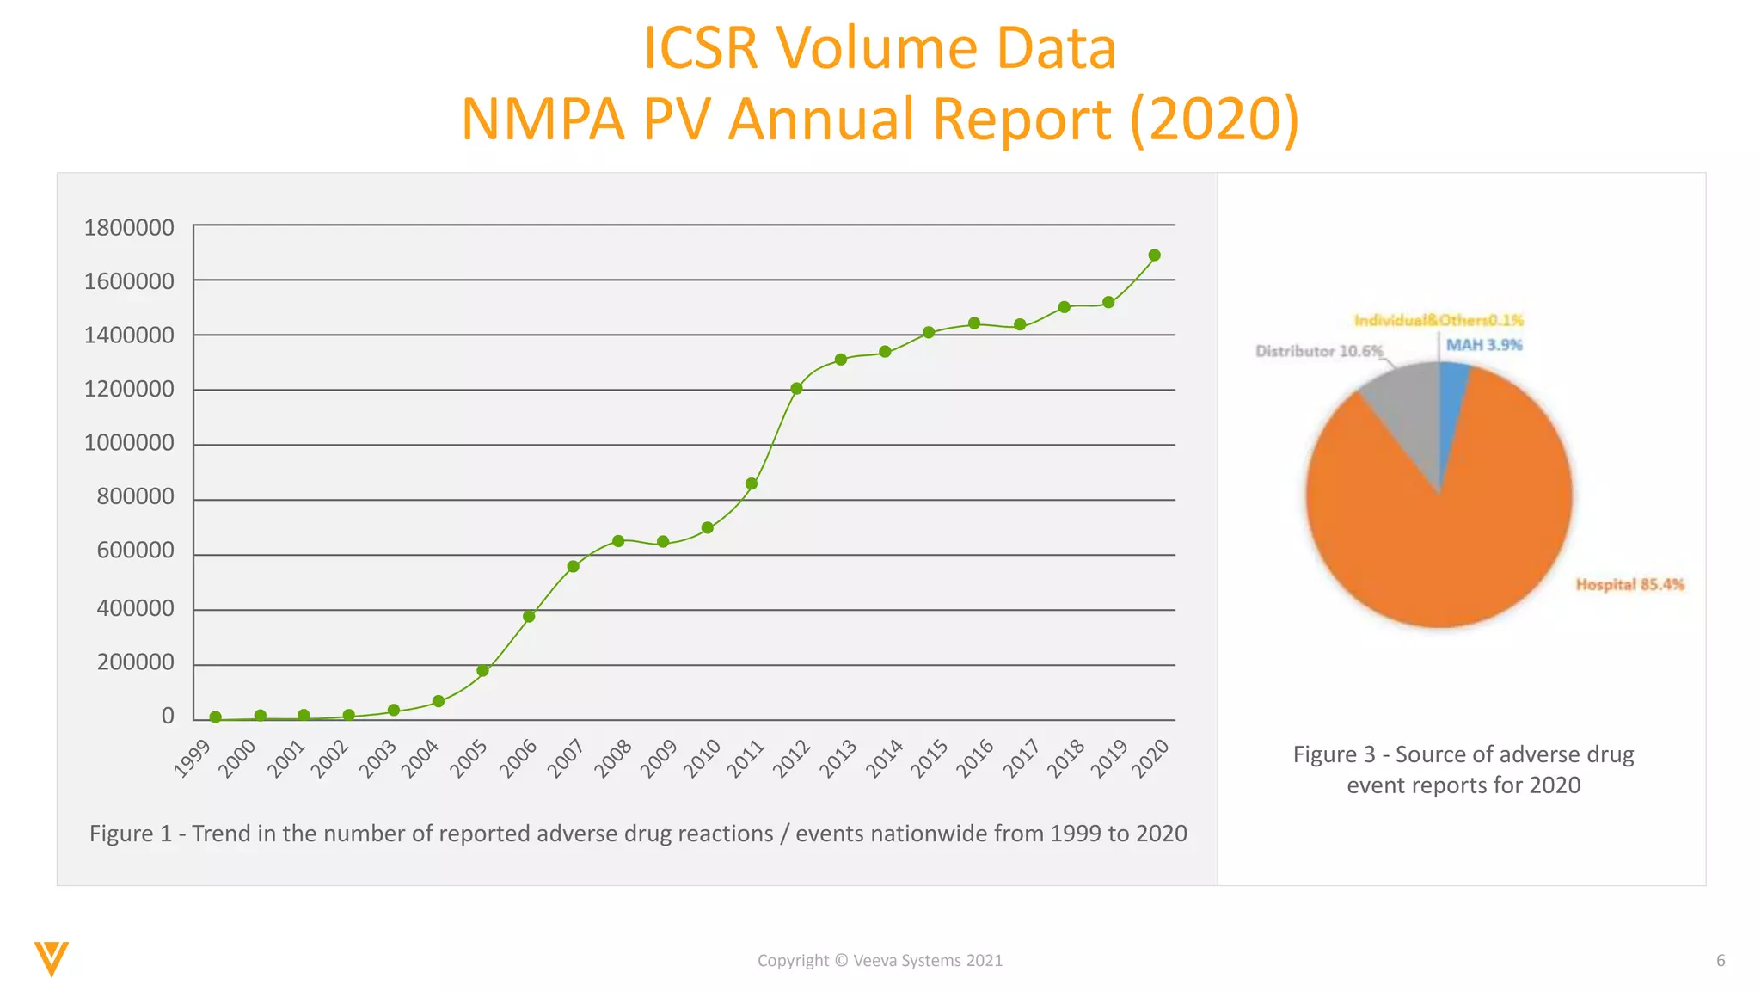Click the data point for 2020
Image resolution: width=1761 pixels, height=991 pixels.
[1154, 255]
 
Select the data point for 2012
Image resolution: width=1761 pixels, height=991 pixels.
[796, 389]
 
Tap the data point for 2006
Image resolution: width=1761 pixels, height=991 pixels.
[529, 617]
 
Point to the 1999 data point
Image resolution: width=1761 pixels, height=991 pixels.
[216, 717]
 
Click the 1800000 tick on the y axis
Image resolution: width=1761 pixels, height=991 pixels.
[129, 228]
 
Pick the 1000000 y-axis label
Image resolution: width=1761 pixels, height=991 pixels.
[129, 443]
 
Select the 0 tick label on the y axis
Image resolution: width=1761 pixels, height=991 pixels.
[168, 716]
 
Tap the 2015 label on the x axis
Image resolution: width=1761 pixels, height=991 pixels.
[931, 758]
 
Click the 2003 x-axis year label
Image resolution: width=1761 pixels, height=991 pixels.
[379, 758]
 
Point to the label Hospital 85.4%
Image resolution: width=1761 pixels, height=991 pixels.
[1629, 585]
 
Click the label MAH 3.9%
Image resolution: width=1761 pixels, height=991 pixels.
[1484, 345]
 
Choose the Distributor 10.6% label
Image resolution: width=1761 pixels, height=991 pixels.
[1319, 351]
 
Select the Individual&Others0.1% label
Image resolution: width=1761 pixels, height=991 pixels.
[1439, 320]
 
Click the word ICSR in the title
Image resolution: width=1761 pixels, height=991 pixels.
[701, 48]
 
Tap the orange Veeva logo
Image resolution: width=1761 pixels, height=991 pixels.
[52, 958]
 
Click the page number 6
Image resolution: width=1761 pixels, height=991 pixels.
[1721, 961]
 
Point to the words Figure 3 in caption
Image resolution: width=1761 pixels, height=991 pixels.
[1334, 754]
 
